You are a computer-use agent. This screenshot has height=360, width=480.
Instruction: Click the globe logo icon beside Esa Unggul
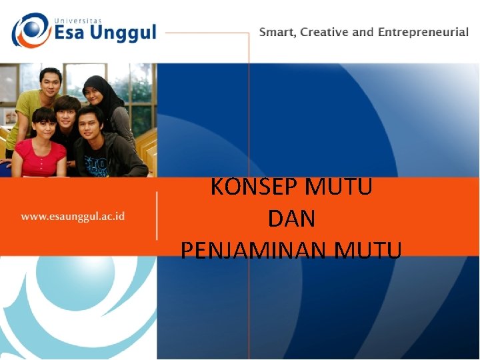[30, 31]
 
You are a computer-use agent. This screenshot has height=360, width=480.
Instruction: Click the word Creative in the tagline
[325, 32]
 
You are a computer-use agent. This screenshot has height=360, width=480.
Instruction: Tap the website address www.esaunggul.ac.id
[73, 216]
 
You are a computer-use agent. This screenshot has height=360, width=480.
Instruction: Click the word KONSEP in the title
[254, 187]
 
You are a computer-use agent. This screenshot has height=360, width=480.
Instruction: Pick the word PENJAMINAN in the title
[255, 250]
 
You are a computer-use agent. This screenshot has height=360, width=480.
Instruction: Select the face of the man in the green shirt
[50, 83]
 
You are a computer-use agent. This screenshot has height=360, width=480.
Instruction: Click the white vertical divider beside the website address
[157, 216]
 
